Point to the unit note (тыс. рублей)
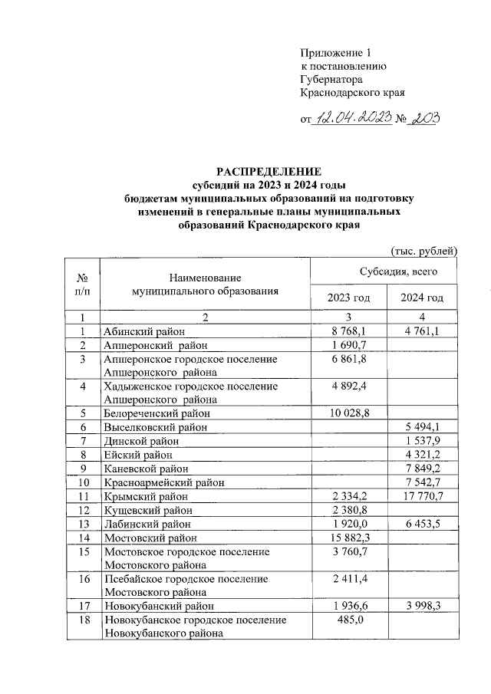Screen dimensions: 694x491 (x=424, y=251)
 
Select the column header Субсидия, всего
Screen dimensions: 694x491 (x=384, y=271)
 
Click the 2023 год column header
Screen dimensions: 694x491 (x=348, y=298)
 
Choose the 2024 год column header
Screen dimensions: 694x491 (x=423, y=298)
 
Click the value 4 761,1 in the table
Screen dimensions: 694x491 (x=423, y=331)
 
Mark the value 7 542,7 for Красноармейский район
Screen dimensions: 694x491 (x=423, y=482)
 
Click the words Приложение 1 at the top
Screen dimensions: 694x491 (x=334, y=53)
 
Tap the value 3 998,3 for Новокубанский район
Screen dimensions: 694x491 (x=423, y=606)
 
